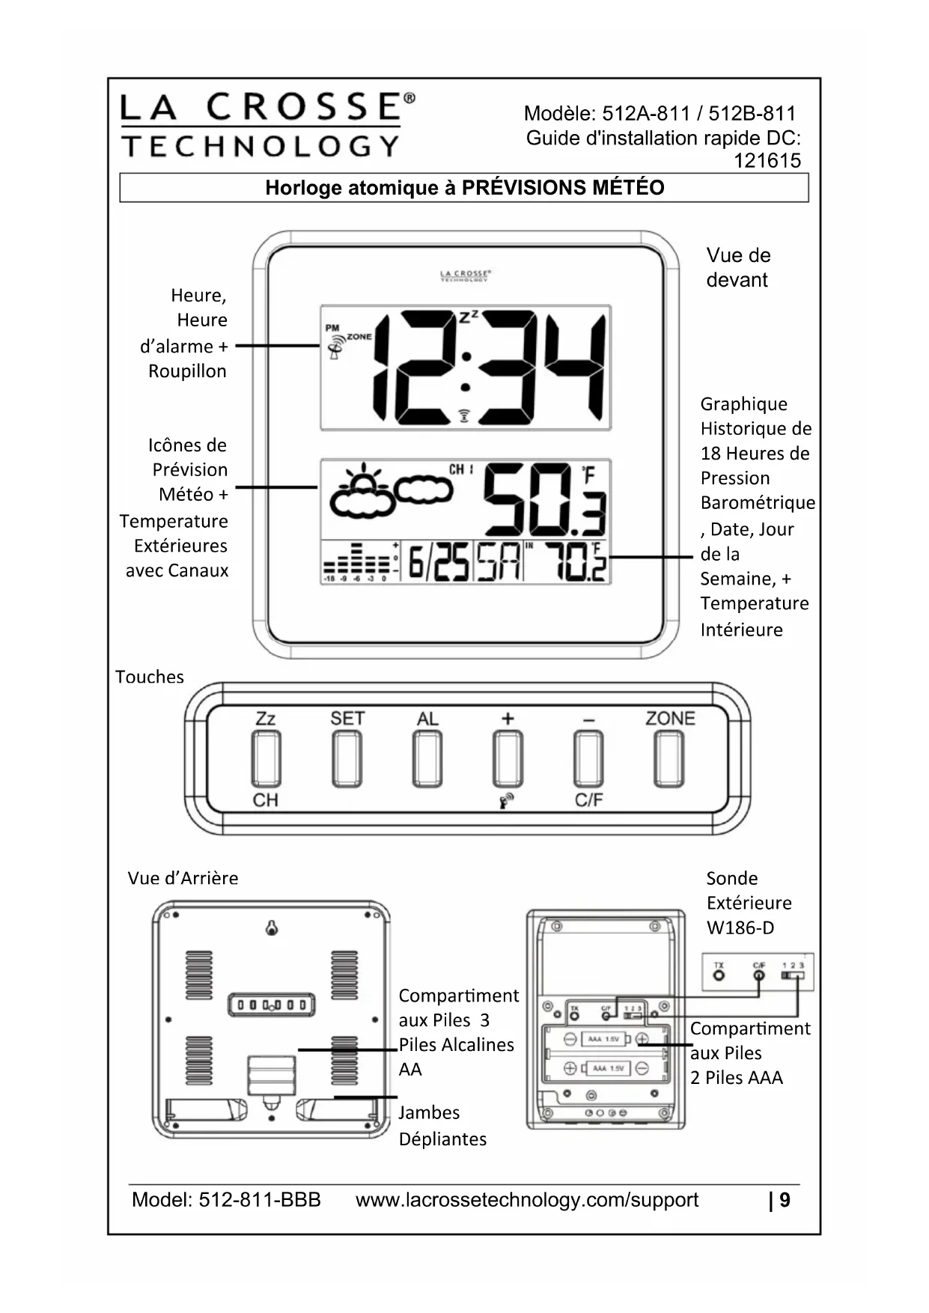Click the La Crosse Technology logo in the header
coord(267,124)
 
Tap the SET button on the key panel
coord(347,758)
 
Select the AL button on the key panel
coord(427,758)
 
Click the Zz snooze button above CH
coord(266,758)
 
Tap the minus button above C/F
coord(588,758)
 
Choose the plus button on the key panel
coord(508,758)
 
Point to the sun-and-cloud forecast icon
coord(363,492)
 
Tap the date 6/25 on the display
coord(439,562)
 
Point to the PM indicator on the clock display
coord(332,327)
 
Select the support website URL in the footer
coord(527,1200)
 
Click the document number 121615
coord(767,161)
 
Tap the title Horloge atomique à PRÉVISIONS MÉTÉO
coord(464,188)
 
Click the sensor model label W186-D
coord(740,928)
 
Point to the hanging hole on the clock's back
coord(272,928)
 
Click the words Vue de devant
coord(737,267)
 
